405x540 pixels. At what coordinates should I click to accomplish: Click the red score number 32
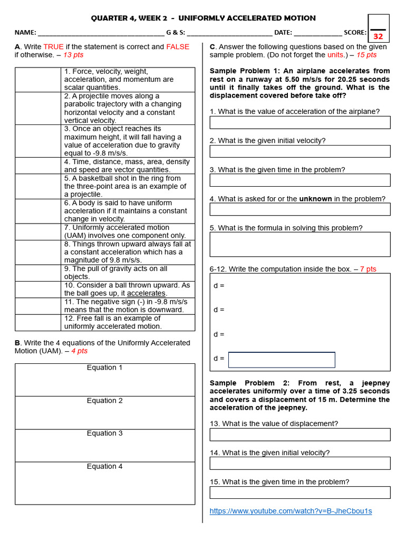click(378, 36)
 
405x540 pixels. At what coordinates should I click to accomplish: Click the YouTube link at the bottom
click(291, 511)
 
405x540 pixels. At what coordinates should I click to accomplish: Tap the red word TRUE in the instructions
click(53, 47)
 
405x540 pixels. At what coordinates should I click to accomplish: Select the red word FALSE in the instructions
click(178, 47)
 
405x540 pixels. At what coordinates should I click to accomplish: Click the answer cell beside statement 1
click(38, 80)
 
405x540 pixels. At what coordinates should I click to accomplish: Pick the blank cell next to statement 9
click(38, 273)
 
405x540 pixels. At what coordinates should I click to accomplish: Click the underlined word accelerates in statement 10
click(147, 293)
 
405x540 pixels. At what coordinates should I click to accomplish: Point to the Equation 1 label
click(104, 368)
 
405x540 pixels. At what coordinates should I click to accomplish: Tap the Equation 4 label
click(104, 466)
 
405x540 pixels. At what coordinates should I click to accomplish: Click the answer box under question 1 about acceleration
click(300, 122)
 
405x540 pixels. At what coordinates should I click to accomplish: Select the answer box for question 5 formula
click(300, 244)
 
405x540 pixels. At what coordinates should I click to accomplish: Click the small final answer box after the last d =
click(282, 360)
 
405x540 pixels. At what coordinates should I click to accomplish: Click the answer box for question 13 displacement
click(300, 435)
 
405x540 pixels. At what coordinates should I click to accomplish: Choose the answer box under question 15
click(300, 493)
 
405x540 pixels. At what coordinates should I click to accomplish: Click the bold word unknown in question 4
click(315, 199)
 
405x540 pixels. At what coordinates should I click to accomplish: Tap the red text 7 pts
click(368, 269)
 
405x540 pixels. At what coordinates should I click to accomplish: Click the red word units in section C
click(335, 55)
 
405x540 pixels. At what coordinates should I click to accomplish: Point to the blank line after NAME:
click(101, 33)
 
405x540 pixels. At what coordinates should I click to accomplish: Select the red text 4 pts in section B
click(79, 351)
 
